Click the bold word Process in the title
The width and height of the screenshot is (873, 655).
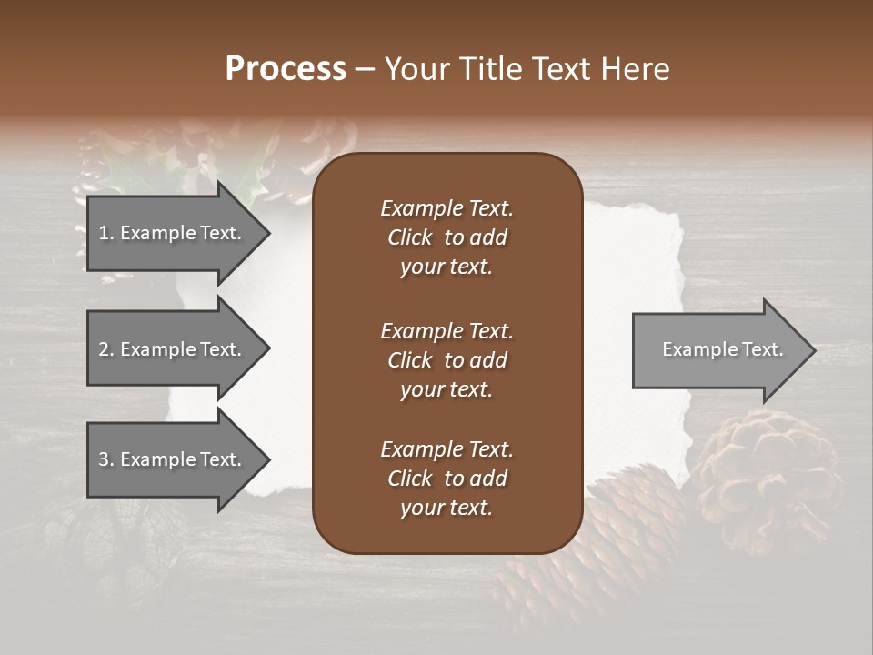pos(286,69)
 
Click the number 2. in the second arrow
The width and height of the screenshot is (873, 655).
pos(106,349)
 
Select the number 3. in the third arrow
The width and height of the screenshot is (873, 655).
pos(106,459)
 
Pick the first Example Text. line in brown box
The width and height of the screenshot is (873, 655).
pos(447,208)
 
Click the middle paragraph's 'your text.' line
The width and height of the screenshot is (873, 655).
pos(447,389)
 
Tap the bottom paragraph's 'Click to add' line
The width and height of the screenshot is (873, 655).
pos(447,479)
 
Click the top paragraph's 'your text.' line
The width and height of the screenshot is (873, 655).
pos(447,267)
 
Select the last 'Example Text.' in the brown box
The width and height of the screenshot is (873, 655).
pos(447,449)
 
